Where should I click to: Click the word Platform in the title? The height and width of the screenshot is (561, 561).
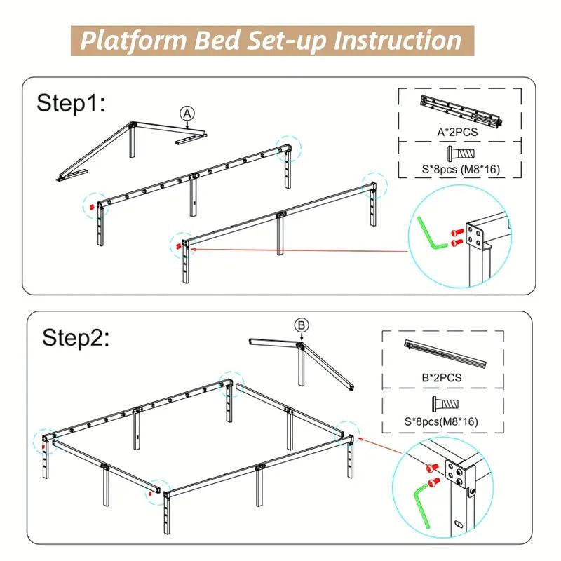point(133,41)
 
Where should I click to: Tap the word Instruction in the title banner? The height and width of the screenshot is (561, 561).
point(397,41)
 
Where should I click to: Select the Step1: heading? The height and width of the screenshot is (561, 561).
point(72,103)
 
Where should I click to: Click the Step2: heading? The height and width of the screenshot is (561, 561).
point(76,337)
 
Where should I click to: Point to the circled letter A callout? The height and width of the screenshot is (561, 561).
point(187,114)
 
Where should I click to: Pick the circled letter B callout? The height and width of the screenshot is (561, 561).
point(302,325)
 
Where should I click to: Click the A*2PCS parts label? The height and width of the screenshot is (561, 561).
point(457,132)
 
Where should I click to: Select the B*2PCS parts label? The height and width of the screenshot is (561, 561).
point(442,377)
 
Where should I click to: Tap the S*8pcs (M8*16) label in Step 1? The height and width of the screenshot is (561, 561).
point(461,169)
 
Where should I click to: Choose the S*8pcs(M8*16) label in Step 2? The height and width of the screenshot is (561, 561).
point(441,421)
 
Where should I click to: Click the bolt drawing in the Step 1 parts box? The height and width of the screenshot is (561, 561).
point(461,154)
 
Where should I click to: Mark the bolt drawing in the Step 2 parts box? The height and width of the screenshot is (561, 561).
point(445,405)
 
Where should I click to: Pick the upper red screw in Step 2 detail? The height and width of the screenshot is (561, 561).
point(432,467)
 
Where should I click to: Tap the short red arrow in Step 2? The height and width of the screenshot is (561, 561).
point(379,445)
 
